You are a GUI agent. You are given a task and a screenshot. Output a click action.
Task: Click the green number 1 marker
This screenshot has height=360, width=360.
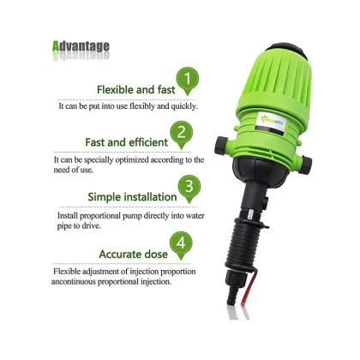190,83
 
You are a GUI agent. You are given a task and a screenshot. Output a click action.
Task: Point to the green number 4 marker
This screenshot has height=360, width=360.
180,244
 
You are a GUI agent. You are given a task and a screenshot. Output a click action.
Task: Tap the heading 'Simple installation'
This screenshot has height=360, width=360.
132,196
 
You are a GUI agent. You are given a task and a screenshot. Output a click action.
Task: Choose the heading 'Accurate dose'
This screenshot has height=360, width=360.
133,254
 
